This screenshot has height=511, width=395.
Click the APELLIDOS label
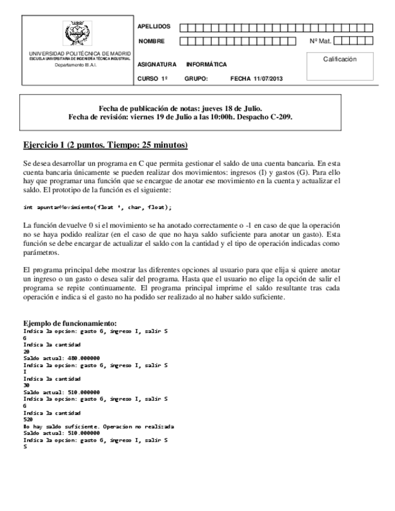pos(154,27)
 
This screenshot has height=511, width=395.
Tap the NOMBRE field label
pos(151,42)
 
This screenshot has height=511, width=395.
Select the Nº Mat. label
pos(320,42)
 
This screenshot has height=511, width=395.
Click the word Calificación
pos(340,59)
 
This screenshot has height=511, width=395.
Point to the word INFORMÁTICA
pos(207,64)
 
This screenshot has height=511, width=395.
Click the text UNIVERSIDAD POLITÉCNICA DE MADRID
pos(80,54)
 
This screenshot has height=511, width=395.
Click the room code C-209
pos(282,117)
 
